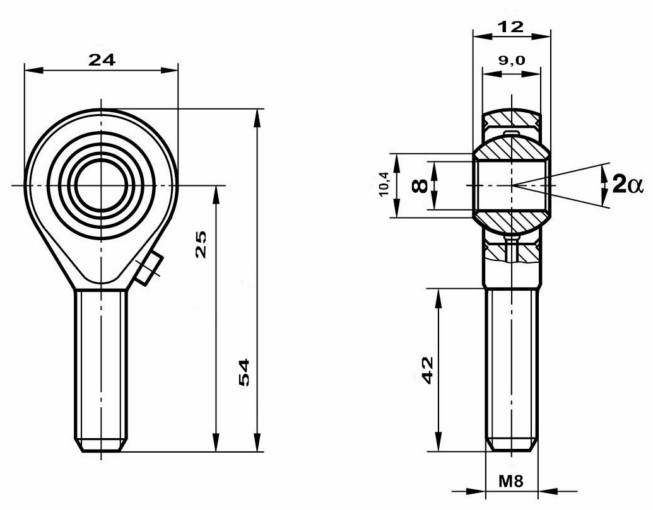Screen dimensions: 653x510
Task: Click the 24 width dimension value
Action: point(102,61)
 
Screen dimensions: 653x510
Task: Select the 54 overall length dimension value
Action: point(244,373)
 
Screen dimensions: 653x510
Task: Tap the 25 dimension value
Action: point(201,244)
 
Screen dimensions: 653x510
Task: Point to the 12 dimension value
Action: point(511,27)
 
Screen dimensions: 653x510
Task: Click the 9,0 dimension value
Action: point(512,61)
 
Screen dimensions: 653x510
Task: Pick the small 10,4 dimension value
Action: point(384,184)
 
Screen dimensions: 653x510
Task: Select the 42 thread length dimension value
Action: point(428,370)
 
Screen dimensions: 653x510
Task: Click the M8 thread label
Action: point(511,481)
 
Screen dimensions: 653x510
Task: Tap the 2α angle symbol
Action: point(628,184)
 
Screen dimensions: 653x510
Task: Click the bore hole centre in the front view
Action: point(101,185)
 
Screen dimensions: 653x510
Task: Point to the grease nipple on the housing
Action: point(149,269)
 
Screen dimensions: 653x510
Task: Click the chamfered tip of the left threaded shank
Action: point(101,446)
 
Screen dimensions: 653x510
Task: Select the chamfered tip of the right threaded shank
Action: point(512,444)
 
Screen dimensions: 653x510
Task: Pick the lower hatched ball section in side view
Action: point(512,224)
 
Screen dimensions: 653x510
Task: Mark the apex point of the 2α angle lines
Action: point(512,185)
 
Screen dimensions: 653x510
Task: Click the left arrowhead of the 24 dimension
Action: point(33,71)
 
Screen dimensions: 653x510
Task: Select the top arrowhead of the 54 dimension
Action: point(257,119)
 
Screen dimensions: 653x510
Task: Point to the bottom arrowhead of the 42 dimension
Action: point(438,442)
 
